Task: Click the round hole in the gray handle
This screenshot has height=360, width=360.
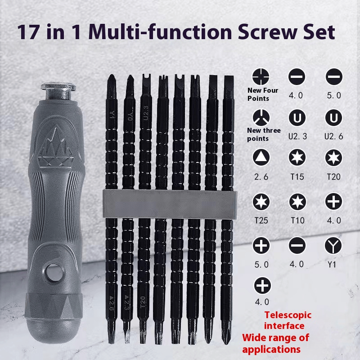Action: (54, 273)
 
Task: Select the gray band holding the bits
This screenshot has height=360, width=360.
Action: (170, 204)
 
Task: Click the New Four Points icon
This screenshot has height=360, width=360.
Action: (261, 76)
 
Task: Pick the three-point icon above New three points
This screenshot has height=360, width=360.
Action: (261, 117)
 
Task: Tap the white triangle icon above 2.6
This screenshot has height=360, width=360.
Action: (261, 157)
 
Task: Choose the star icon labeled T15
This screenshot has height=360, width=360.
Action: (297, 157)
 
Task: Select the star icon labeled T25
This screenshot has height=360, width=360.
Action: (261, 202)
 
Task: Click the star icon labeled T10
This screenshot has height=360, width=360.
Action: (297, 202)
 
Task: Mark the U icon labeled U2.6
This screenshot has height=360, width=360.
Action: (333, 117)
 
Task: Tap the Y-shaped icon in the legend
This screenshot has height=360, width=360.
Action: (333, 246)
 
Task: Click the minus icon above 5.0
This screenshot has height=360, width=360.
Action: (334, 76)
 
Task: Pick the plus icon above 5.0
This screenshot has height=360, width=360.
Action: (261, 245)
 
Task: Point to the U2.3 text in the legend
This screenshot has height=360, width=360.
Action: (297, 136)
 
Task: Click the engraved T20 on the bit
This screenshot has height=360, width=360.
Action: (143, 302)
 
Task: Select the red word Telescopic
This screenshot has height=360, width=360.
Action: (288, 315)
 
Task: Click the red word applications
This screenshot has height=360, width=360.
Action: (271, 350)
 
